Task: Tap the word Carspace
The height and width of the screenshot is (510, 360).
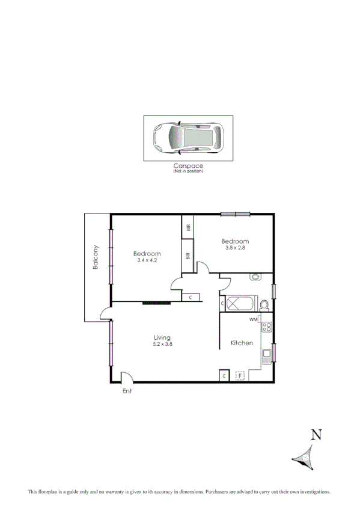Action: (x=188, y=165)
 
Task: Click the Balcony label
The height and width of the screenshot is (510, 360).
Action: (x=95, y=257)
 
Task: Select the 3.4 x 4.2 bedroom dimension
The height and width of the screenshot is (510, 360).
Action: (x=147, y=260)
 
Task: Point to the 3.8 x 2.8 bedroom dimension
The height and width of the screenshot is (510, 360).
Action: (x=235, y=247)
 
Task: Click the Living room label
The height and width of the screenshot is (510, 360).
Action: (x=162, y=337)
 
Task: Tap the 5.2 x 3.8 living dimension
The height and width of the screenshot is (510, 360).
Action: (x=162, y=345)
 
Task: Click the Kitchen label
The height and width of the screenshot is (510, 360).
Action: (x=242, y=343)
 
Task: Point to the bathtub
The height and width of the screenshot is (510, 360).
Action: (x=241, y=304)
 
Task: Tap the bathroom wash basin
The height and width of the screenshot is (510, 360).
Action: (x=256, y=277)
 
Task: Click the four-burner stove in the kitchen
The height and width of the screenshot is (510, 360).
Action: (x=266, y=328)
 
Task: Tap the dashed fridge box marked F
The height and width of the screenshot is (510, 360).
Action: (x=241, y=376)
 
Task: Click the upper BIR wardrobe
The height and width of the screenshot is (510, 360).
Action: (x=188, y=227)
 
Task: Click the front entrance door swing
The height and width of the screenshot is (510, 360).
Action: (x=126, y=378)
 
